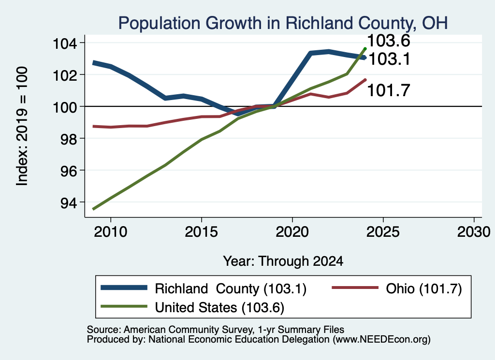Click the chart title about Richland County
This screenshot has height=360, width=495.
pyautogui.click(x=283, y=23)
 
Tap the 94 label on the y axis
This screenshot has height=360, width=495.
pyautogui.click(x=69, y=202)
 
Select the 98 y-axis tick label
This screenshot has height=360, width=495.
pyautogui.click(x=69, y=139)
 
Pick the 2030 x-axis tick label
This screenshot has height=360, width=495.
pyautogui.click(x=474, y=232)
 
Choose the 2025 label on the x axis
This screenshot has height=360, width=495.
pyautogui.click(x=383, y=232)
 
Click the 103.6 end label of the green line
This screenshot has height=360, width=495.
pyautogui.click(x=389, y=41)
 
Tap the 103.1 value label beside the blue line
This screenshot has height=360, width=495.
pyautogui.click(x=389, y=59)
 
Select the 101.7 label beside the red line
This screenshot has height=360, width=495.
pyautogui.click(x=389, y=90)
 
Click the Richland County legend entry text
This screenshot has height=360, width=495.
pyautogui.click(x=231, y=288)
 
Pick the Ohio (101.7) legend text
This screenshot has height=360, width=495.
pyautogui.click(x=423, y=288)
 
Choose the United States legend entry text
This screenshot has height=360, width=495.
pyautogui.click(x=219, y=307)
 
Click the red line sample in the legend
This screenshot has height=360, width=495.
pyautogui.click(x=355, y=288)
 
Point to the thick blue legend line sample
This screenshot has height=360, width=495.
pyautogui.click(x=124, y=288)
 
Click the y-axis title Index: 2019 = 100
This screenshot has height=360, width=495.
pyautogui.click(x=22, y=126)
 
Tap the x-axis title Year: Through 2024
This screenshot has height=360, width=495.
pyautogui.click(x=283, y=261)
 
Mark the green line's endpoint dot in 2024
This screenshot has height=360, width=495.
pyautogui.click(x=365, y=49)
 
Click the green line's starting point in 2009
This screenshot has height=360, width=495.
pyautogui.click(x=93, y=209)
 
